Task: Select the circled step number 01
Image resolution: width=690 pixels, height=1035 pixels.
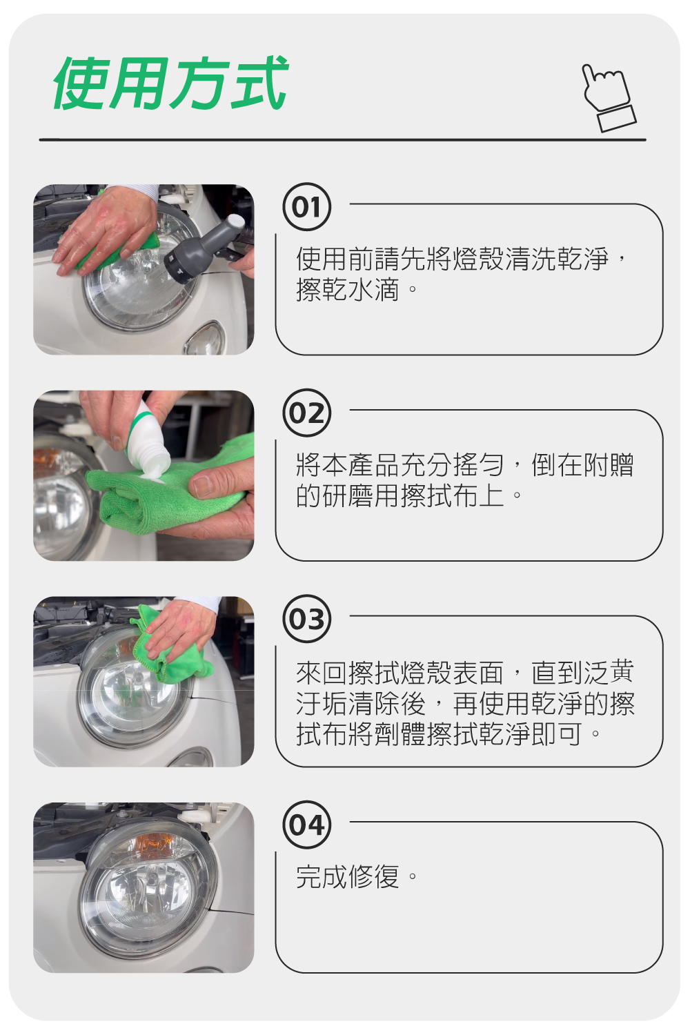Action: [x=307, y=207]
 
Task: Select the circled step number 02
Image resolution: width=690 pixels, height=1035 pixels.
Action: [x=307, y=413]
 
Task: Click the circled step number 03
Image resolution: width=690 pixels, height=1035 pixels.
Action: [x=307, y=619]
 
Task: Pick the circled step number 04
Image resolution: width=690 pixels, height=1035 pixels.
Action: [x=307, y=825]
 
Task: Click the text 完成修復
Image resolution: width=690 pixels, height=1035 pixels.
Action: [x=348, y=876]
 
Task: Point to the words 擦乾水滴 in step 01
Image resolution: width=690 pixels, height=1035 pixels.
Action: [x=348, y=290]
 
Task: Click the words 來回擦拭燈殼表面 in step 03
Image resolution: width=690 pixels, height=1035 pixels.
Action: [x=400, y=673]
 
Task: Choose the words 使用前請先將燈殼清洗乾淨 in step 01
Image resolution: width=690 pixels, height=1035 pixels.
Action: [x=453, y=259]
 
